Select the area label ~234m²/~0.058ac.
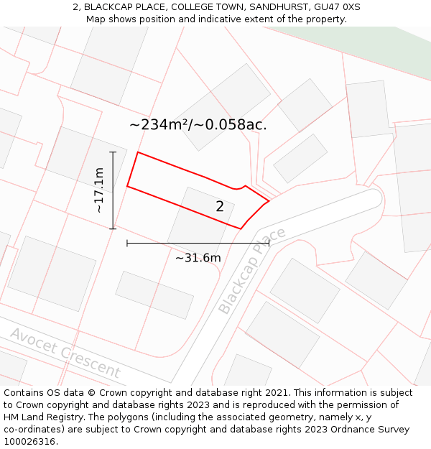pos(198,124)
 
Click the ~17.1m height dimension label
pos(99,190)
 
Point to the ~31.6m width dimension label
pos(198,258)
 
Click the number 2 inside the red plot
pos(220,207)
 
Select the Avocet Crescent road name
pos(65,351)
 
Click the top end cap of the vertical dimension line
pos(113,152)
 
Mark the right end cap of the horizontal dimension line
pos(269,244)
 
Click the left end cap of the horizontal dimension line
pos(127,244)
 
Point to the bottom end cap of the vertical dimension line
pos(113,228)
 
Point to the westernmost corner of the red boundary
pos(127,186)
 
